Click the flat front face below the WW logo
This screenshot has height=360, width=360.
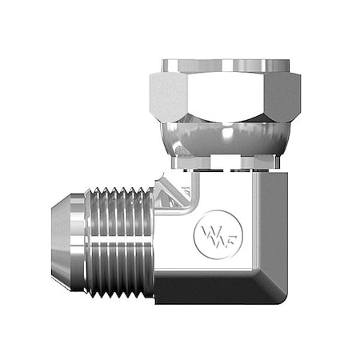212,260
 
